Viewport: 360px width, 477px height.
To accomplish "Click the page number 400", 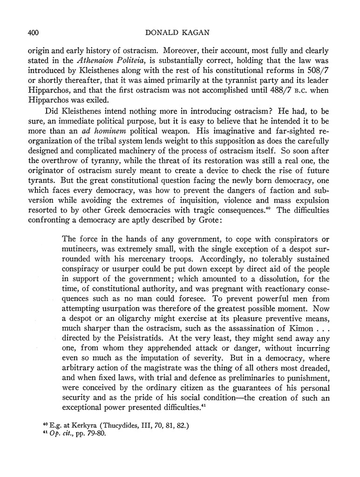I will tap(29, 32).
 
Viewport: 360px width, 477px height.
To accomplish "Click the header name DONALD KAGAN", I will tap(179, 32).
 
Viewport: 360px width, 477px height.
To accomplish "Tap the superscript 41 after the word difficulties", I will tap(204, 406).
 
